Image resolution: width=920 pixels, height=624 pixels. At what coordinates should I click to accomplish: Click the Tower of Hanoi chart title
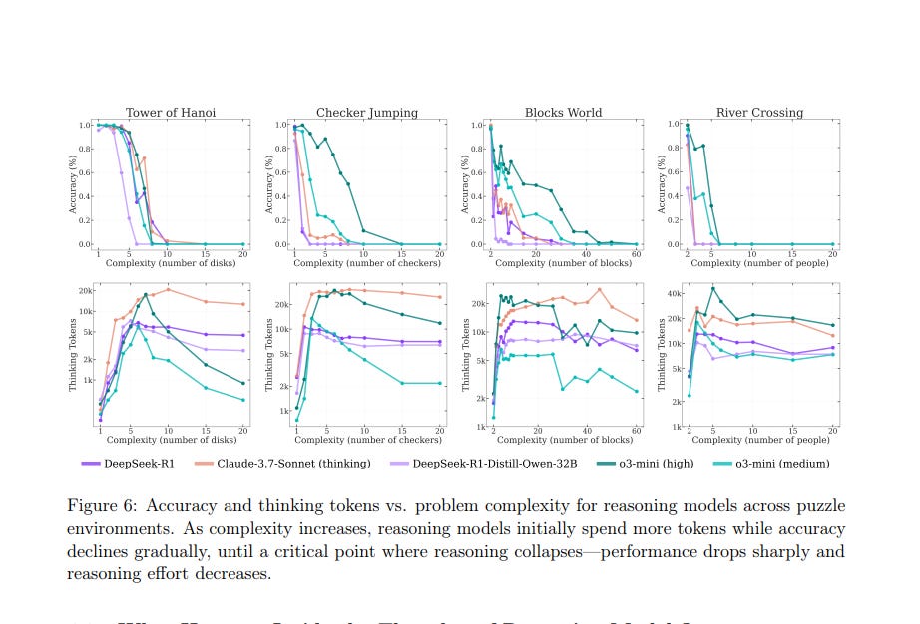click(170, 113)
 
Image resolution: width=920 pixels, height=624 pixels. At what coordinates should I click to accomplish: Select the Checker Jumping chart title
click(367, 113)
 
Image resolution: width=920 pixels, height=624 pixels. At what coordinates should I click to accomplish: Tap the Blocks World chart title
click(563, 113)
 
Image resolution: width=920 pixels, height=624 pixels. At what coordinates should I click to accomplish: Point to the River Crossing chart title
click(759, 113)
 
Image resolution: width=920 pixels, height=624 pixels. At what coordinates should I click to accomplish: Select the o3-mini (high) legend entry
click(645, 463)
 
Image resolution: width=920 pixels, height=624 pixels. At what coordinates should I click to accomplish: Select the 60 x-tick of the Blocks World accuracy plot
click(637, 253)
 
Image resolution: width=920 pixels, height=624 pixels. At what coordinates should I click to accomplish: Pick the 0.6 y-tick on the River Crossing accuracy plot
click(673, 172)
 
